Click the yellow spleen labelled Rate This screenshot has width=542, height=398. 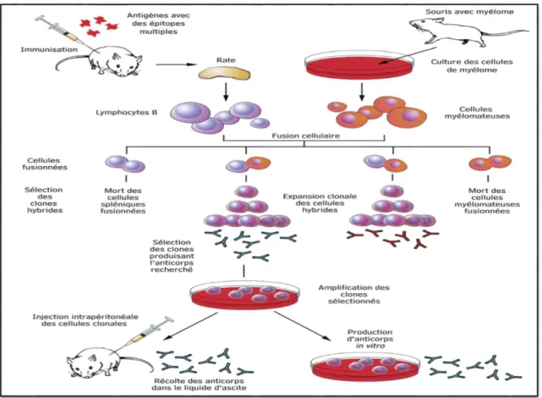pos(224,73)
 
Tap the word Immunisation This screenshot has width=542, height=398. pos(49,50)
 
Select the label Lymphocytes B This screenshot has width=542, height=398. pos(126,112)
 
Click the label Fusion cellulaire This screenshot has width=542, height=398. pos(305,136)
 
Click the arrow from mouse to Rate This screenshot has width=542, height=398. pos(177,64)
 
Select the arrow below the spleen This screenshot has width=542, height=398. pos(225,92)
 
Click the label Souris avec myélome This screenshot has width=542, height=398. pos(470,11)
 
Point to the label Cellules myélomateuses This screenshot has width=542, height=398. pos(477,113)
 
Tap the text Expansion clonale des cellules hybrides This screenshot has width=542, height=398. pos(320,203)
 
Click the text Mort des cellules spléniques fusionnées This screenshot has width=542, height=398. pos(123,200)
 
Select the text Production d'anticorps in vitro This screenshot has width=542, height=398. pos(369,339)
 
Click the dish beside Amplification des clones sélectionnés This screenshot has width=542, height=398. pos(245,295)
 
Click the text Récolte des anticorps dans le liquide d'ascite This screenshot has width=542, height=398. pos(199,384)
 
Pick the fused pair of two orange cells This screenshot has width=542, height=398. pos(490,163)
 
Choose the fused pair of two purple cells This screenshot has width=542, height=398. pos(125,164)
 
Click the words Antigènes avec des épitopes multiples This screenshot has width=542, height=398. pos(159,24)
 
